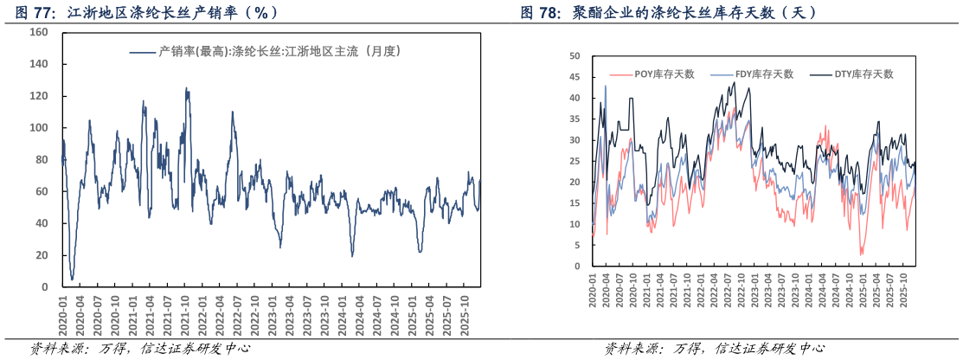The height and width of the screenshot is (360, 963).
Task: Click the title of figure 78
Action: (669, 12)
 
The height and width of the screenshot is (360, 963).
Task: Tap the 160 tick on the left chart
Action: (39, 32)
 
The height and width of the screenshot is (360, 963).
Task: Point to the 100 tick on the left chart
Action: (39, 128)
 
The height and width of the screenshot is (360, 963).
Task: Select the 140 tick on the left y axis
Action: (39, 64)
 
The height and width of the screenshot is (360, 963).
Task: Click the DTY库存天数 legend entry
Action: (853, 74)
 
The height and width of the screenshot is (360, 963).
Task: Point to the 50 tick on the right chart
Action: (575, 55)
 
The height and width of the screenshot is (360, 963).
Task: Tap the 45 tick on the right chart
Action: (575, 76)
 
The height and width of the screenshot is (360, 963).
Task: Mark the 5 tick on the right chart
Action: (576, 245)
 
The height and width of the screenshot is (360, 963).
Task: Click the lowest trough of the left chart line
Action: (72, 279)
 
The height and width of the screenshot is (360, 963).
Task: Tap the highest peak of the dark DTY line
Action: (735, 83)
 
